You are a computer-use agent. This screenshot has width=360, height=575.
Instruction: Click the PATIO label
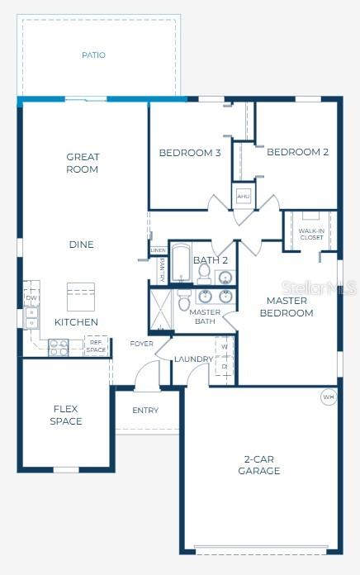[x=93, y=55]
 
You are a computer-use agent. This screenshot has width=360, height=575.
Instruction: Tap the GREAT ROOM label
[x=83, y=163]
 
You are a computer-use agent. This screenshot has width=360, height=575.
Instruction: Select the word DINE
[x=81, y=245]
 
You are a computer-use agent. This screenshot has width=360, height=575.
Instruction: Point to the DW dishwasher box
[x=31, y=298]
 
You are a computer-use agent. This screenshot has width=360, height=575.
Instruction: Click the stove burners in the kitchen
[x=58, y=347]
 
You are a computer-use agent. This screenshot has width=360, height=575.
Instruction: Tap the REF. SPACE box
[x=96, y=345]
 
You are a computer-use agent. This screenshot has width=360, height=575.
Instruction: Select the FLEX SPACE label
[x=66, y=415]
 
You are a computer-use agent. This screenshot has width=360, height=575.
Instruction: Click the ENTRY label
[x=145, y=411]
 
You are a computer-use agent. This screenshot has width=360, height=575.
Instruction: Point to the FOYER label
[x=141, y=344]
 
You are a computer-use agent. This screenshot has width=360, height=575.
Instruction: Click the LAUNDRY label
[x=194, y=359]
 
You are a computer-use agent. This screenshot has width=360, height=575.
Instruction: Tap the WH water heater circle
[x=329, y=397]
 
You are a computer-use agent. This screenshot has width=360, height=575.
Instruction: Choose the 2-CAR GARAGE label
[x=261, y=464]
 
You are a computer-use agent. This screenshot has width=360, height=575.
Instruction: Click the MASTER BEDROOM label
[x=287, y=307]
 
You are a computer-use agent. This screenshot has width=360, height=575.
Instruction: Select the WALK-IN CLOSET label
[x=311, y=234]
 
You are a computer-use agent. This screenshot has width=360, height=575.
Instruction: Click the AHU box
[x=244, y=197]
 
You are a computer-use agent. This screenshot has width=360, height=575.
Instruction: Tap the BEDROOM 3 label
[x=190, y=152]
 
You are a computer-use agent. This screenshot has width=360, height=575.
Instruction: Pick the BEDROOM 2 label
[x=298, y=152]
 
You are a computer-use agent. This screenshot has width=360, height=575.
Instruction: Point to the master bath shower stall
[x=159, y=309]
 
